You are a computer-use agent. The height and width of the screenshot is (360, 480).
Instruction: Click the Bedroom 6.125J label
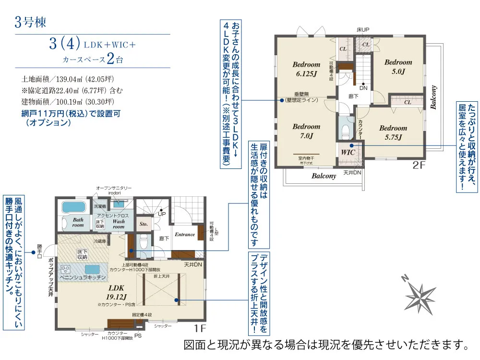coord(306,69)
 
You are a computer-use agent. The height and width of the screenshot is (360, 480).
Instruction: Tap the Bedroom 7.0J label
coord(306,131)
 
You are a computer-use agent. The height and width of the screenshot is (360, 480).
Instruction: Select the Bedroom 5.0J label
coord(398,67)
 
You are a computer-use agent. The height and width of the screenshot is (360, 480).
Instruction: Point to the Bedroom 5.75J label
coord(393,132)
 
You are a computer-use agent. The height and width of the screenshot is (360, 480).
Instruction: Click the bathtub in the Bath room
coord(73,207)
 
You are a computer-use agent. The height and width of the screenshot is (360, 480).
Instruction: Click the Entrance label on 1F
coord(185,235)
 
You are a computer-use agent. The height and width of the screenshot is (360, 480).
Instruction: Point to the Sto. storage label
coord(144,223)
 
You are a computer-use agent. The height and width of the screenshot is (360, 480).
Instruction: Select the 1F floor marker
coord(201,329)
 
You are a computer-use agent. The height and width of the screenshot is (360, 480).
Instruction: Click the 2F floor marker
coord(419,166)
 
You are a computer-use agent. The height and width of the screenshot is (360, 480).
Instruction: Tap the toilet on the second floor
coord(345,130)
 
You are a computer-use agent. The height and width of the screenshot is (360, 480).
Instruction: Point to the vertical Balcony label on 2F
coord(434,97)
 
